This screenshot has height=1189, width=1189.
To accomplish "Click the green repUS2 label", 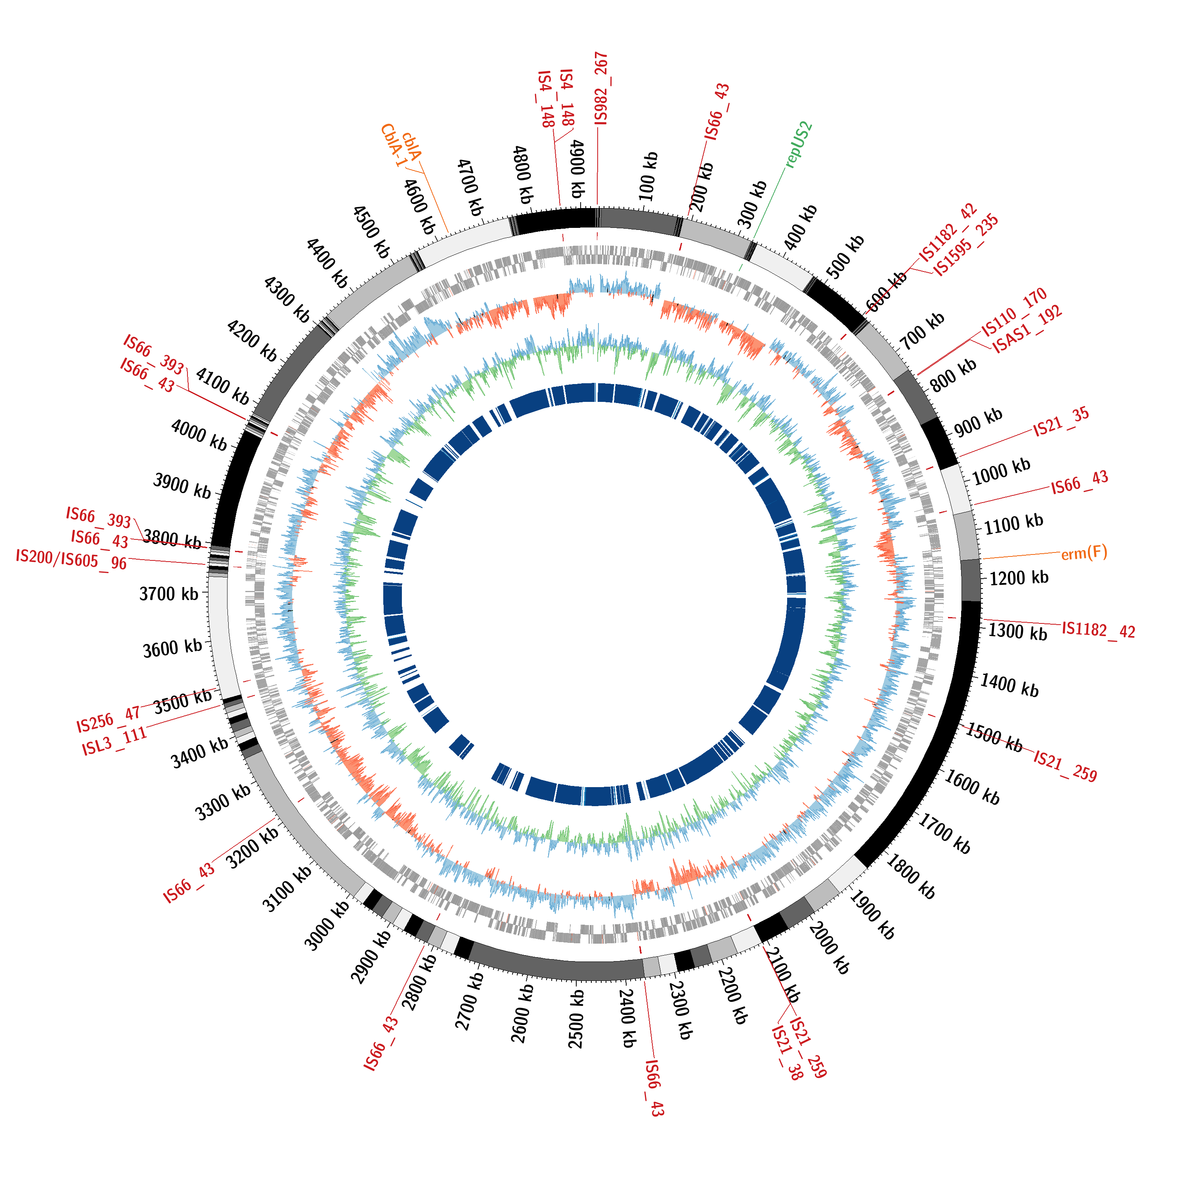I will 799,145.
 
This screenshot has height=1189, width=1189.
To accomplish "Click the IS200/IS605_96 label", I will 71,559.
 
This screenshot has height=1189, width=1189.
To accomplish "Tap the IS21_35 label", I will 1061,422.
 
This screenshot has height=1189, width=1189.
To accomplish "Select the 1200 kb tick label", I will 1019,578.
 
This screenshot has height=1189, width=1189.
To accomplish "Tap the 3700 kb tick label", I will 168,594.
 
